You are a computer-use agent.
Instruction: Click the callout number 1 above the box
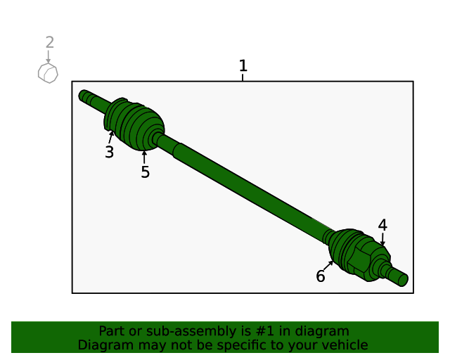(243, 66)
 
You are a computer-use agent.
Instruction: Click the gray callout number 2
(49, 43)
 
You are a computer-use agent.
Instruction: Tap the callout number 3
(109, 152)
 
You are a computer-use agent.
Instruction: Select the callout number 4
(382, 225)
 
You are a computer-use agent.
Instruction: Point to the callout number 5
(145, 172)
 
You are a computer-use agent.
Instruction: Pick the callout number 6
(321, 276)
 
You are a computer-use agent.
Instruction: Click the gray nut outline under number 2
(48, 72)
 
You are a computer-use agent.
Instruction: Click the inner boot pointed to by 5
(143, 128)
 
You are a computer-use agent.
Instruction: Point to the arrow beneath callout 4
(382, 240)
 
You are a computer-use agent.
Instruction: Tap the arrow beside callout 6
(329, 265)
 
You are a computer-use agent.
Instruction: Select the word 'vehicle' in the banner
(345, 345)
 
